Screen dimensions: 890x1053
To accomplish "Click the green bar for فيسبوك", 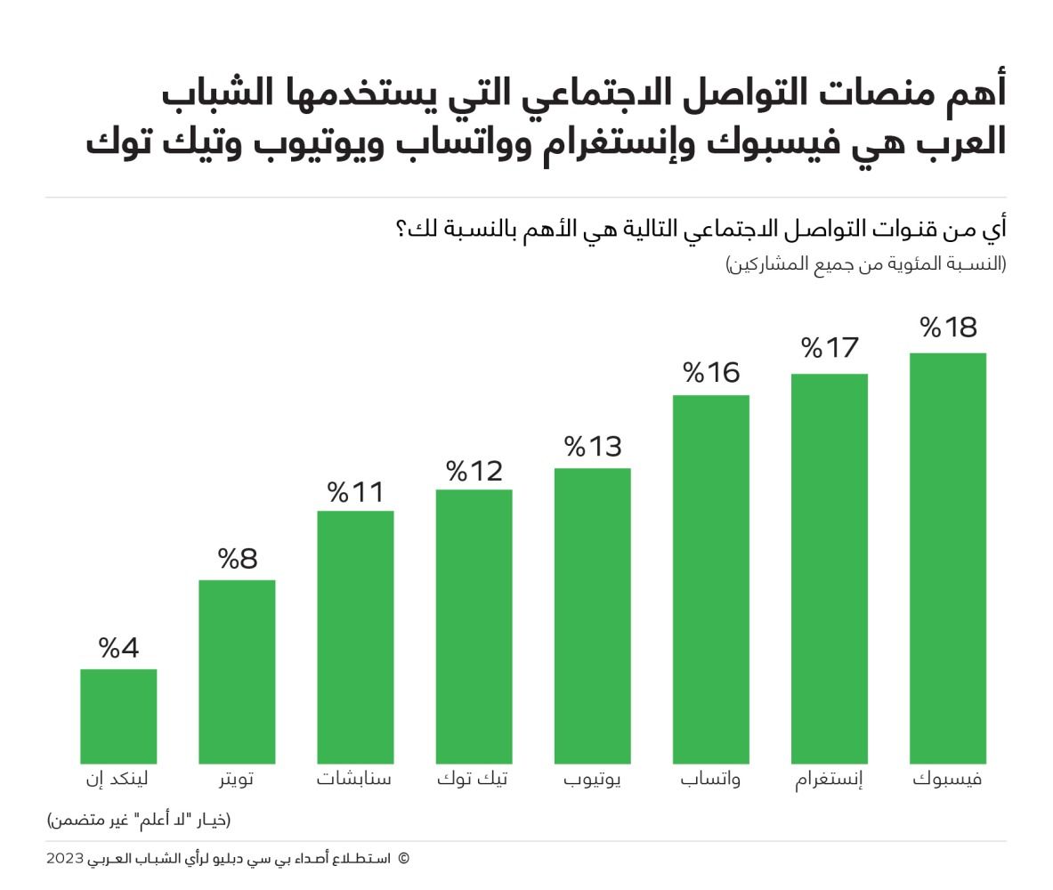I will (x=947, y=558).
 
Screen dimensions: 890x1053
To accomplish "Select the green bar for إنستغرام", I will (x=829, y=569).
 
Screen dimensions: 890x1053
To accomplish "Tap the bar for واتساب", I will (x=710, y=579).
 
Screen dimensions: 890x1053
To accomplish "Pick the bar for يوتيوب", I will (x=592, y=616).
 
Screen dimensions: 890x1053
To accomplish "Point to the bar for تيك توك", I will (x=474, y=627).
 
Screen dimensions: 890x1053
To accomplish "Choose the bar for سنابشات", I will (x=355, y=637).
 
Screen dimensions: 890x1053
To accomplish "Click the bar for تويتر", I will (x=237, y=672).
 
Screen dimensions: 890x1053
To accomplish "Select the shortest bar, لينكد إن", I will (x=118, y=716).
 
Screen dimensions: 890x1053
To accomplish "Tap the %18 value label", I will (x=948, y=328).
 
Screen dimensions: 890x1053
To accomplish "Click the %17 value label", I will (x=830, y=348).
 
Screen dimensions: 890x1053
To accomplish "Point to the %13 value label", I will (x=593, y=446).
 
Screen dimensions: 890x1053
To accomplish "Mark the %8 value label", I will (x=238, y=558).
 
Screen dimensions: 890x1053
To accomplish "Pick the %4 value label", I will (x=118, y=648).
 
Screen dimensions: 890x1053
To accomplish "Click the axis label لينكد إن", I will (x=117, y=780).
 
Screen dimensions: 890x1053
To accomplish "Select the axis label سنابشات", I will (x=354, y=780).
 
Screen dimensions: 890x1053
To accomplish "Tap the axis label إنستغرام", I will (x=829, y=781).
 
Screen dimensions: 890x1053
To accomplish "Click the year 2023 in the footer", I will (x=65, y=860).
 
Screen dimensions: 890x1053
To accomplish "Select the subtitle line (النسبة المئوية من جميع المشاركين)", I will (x=865, y=264).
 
